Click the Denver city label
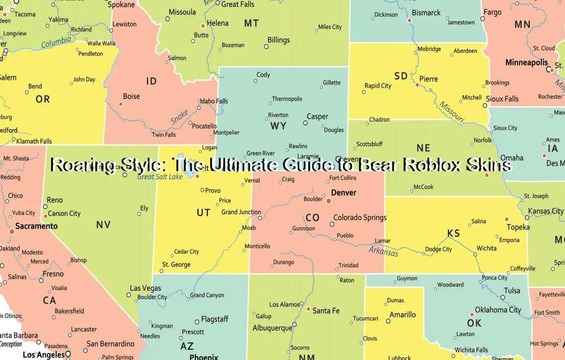tap(343, 193)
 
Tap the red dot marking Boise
tap(121, 104)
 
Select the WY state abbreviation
tap(278, 126)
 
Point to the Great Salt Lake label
tap(160, 177)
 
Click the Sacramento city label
tap(36, 226)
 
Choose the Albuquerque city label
tap(272, 328)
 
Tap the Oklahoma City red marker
tap(472, 315)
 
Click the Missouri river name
tap(451, 112)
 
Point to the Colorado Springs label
tap(360, 218)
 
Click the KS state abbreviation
tap(453, 233)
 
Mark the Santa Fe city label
tap(326, 310)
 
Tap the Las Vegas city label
tap(145, 288)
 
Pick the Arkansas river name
tap(384, 251)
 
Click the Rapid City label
tap(378, 86)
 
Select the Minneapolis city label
tap(526, 62)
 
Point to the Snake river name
tap(180, 116)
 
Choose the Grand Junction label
tap(241, 212)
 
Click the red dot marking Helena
tap(203, 26)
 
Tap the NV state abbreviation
tap(103, 225)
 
